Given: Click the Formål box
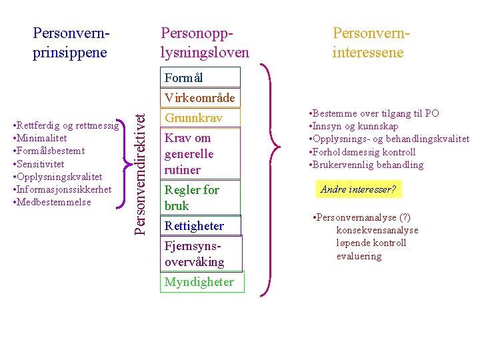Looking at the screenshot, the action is click(x=199, y=78).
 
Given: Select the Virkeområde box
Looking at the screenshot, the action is click(x=199, y=98).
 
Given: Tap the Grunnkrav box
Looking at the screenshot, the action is click(x=199, y=118).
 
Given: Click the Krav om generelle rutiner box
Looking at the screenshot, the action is click(x=199, y=154).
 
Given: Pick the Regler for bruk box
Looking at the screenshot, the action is click(x=199, y=197).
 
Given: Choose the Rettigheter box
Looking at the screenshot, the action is click(x=199, y=226).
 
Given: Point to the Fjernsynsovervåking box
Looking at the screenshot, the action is click(x=199, y=253).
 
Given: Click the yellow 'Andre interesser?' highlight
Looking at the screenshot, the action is click(x=358, y=190).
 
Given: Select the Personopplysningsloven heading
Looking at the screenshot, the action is click(x=204, y=42).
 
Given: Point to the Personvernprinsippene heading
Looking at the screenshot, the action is click(x=71, y=42).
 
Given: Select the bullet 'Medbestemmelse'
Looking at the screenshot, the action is click(x=53, y=202).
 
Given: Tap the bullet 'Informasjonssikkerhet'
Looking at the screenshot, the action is click(x=64, y=189).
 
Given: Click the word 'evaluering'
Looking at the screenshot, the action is click(x=359, y=256).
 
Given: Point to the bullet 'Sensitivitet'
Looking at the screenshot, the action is click(x=41, y=164).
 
